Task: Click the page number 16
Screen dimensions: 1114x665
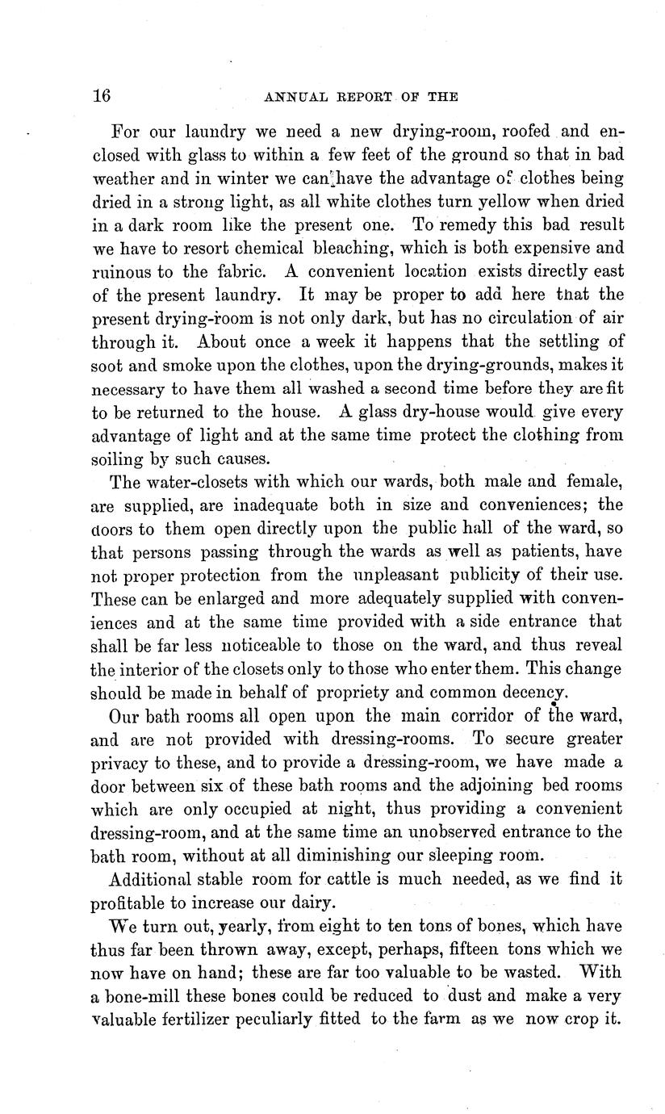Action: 101,95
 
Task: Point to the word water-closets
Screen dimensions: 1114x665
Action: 189,483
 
